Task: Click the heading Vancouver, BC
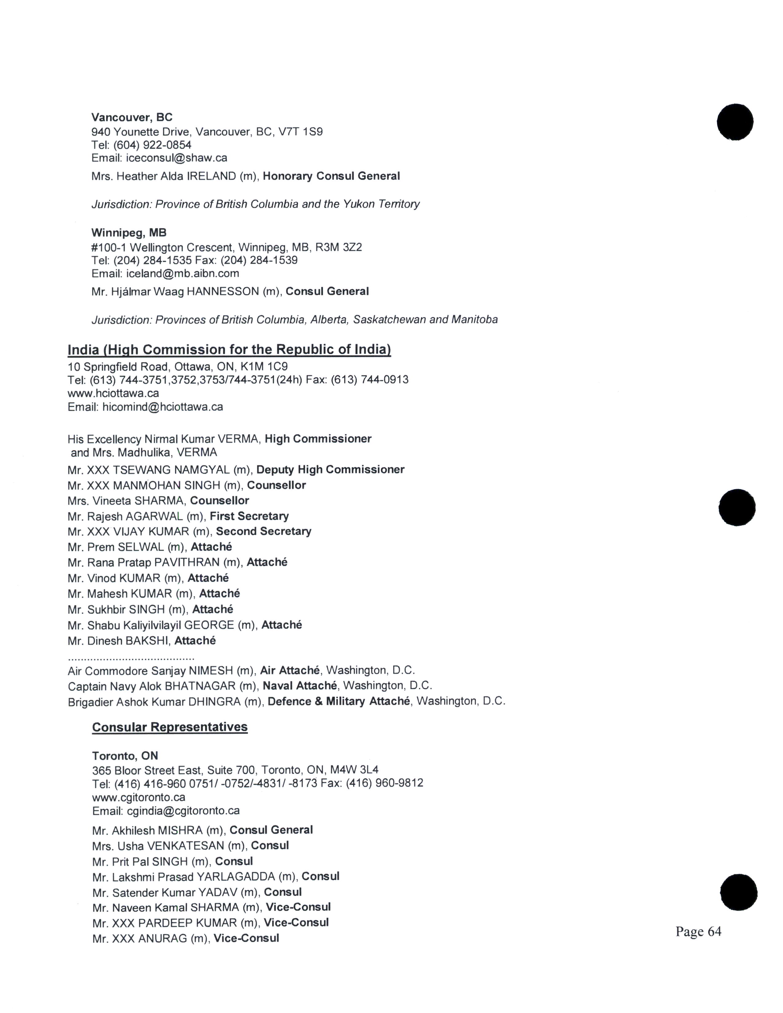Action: click(132, 117)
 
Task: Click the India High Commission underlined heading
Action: click(229, 349)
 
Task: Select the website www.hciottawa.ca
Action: click(113, 393)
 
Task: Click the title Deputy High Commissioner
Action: click(330, 470)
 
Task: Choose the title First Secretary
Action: click(249, 516)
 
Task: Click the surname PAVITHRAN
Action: click(186, 563)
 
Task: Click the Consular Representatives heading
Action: click(170, 727)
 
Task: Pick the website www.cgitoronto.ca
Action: click(139, 797)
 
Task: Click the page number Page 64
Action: click(698, 931)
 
